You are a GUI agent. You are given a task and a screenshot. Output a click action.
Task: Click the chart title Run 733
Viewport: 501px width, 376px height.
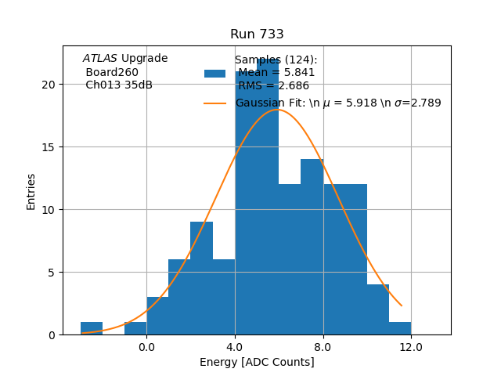tap(257, 34)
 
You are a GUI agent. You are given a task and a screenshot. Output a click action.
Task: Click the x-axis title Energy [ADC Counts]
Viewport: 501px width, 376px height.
tap(257, 362)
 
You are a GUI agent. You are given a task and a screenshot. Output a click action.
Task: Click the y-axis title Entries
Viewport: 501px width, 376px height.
tap(31, 190)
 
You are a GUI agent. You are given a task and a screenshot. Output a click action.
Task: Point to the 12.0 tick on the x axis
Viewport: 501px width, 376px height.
tap(411, 346)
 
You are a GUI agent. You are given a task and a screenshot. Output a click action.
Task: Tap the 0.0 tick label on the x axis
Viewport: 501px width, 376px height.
tap(146, 346)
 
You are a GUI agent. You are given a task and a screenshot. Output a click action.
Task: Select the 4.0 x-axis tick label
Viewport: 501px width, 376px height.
tap(235, 346)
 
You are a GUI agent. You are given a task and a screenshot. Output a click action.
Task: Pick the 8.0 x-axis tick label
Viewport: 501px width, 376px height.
tap(323, 346)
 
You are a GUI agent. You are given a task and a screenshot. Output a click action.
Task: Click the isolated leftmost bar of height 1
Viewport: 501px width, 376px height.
tap(92, 328)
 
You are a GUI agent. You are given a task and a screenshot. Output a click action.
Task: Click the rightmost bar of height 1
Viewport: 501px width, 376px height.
tap(400, 328)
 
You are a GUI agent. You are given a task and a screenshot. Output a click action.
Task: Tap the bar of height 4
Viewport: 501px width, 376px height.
tap(378, 309)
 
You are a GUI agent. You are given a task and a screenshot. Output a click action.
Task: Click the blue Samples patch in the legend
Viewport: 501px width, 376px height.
tap(214, 74)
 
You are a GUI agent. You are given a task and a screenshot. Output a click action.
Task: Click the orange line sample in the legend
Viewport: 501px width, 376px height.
tap(214, 103)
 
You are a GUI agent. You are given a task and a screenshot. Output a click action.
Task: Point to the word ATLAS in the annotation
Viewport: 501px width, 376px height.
tap(100, 59)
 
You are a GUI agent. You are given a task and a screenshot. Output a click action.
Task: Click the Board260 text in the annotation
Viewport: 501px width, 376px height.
tap(112, 73)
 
